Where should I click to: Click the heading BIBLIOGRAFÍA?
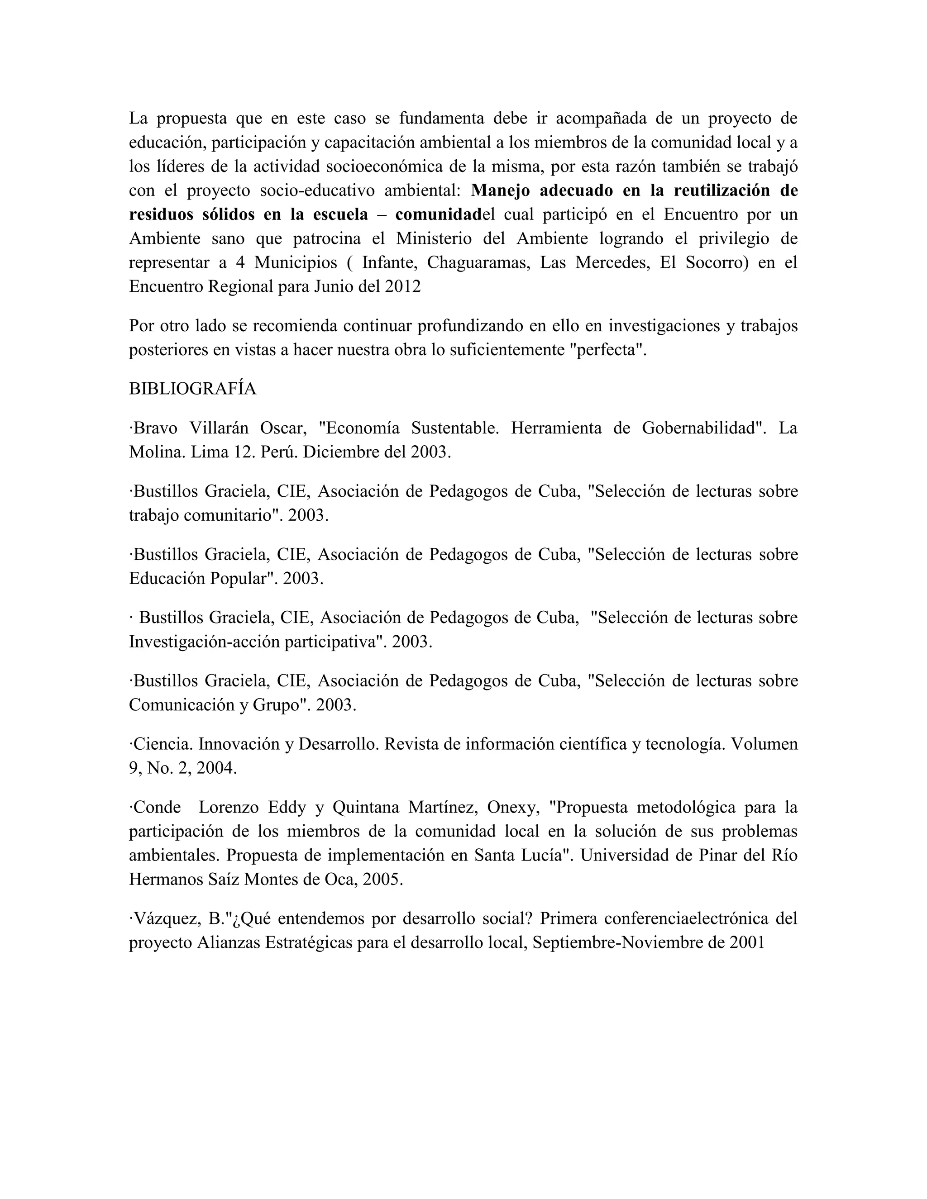pyautogui.click(x=192, y=389)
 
